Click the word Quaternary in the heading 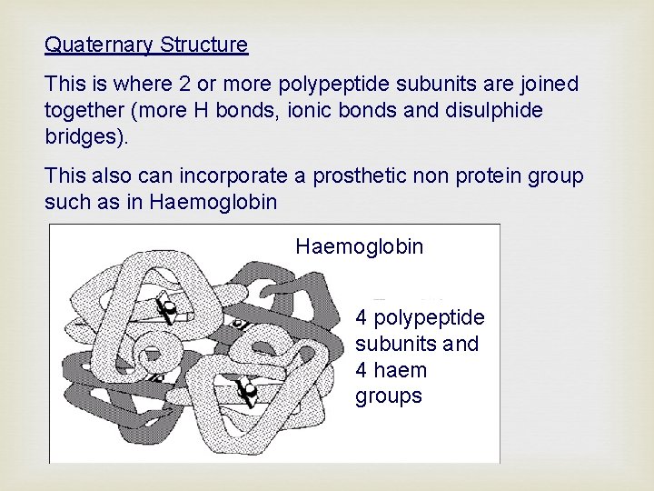(x=100, y=44)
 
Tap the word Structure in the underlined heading (x=204, y=44)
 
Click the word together (x=84, y=110)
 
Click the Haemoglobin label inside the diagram (x=360, y=246)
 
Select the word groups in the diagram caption (x=389, y=396)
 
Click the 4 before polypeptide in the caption (x=362, y=318)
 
